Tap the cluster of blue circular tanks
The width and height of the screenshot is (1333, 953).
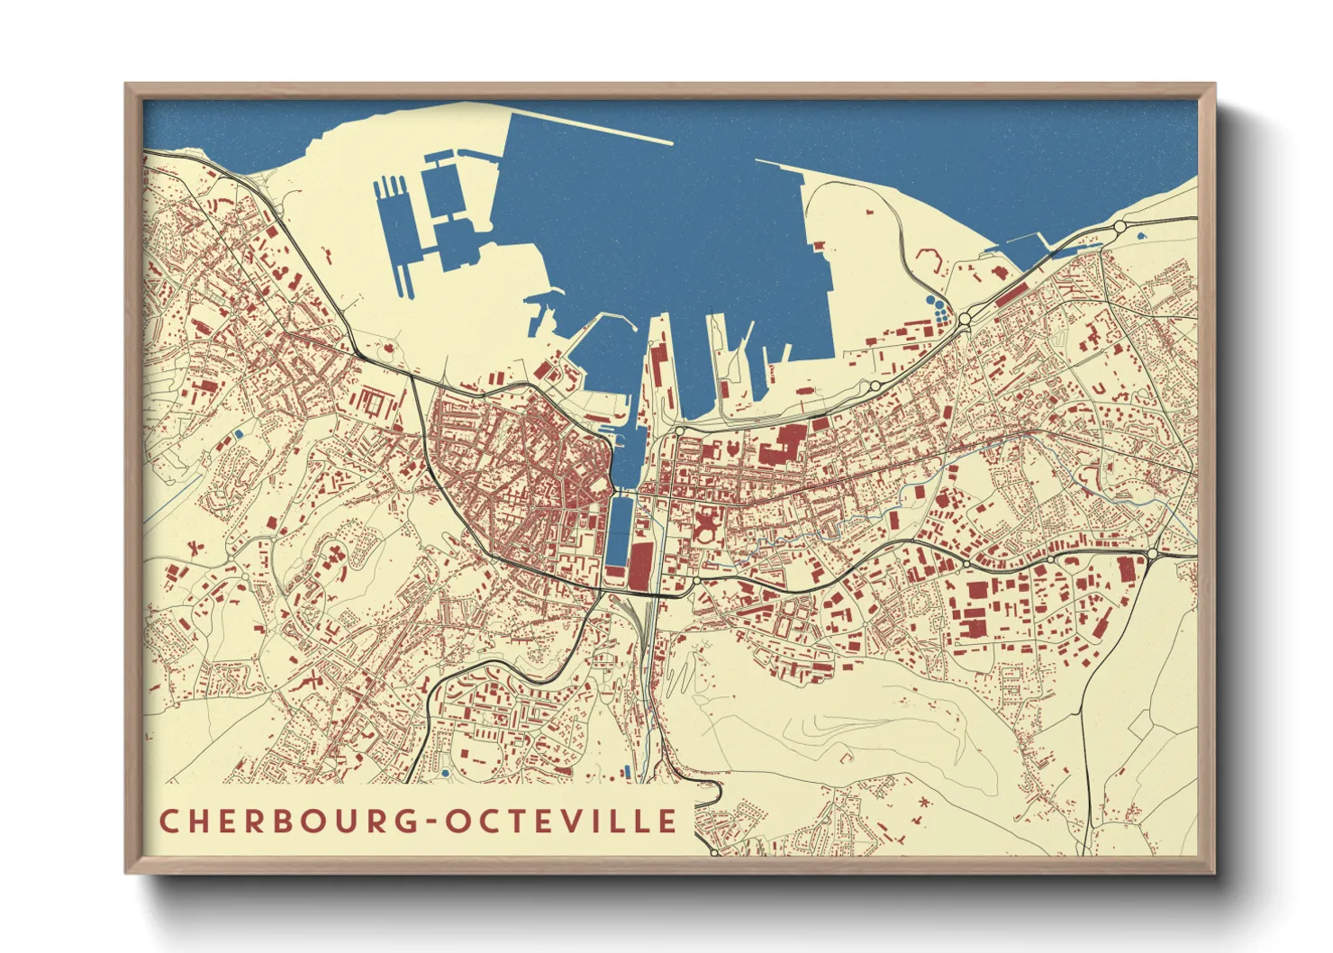pos(939,312)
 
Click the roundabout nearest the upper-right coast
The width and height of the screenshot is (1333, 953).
pos(1120,226)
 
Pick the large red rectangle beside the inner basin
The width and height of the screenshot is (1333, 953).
pos(639,566)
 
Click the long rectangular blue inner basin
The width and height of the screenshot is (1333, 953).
pos(618,531)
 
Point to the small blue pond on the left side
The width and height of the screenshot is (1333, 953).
pos(239,434)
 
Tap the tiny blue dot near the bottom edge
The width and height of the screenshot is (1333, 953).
pos(445,773)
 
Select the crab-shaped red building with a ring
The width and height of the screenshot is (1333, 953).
pos(706,526)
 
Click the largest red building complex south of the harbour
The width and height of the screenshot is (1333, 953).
pos(781,442)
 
